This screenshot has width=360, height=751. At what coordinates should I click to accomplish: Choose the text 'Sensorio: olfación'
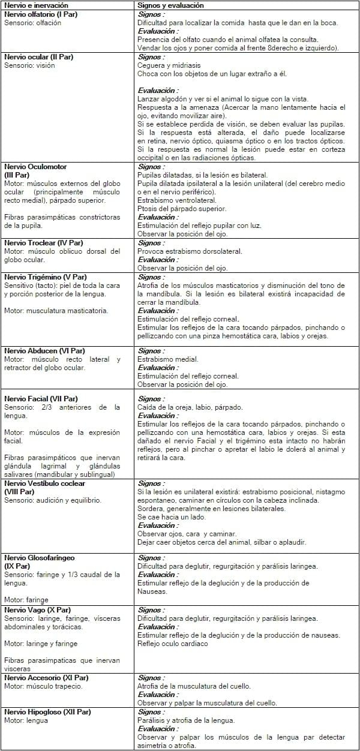(34, 22)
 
